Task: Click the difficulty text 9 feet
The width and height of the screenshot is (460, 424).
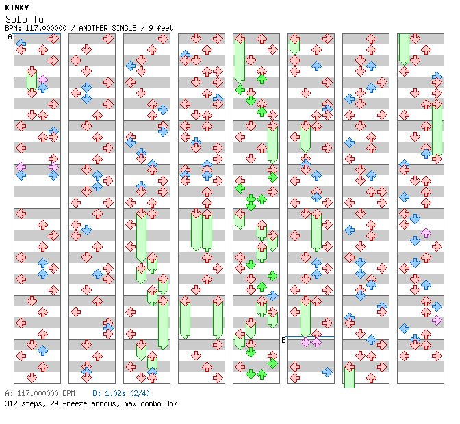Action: [x=159, y=28]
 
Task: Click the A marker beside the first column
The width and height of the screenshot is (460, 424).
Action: [x=10, y=36]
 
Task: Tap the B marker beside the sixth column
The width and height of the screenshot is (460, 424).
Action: [x=283, y=340]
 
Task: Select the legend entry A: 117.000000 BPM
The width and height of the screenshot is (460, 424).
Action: [x=39, y=394]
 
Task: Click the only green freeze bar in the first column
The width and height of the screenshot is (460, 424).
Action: [x=31, y=79]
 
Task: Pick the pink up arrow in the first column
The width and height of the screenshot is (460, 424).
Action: [x=42, y=80]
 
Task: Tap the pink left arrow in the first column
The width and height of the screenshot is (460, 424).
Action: [x=21, y=167]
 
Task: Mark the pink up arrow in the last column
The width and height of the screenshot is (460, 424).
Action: [x=426, y=233]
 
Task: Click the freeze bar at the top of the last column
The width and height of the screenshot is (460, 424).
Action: [x=404, y=48]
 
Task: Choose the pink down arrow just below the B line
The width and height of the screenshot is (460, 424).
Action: [x=305, y=343]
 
